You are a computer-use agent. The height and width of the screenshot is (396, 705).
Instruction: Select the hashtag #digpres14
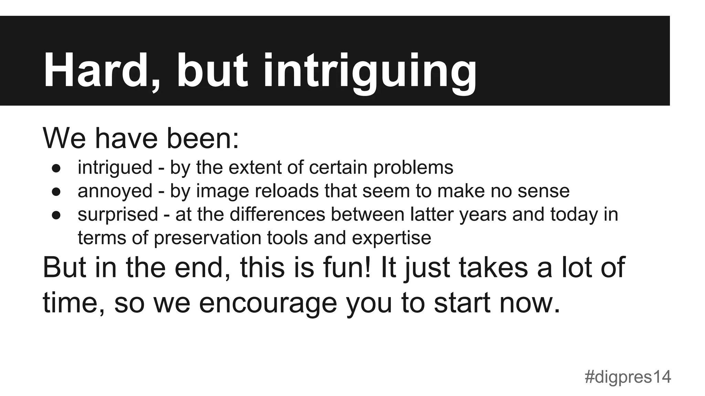(628, 377)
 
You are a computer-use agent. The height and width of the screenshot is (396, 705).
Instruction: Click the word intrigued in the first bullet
(115, 168)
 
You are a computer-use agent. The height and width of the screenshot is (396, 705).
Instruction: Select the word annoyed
(115, 191)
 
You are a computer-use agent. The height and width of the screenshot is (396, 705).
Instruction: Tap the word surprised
(118, 214)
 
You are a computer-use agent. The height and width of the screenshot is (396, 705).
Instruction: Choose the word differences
(277, 214)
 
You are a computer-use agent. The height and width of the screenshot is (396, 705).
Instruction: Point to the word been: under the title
(203, 138)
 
